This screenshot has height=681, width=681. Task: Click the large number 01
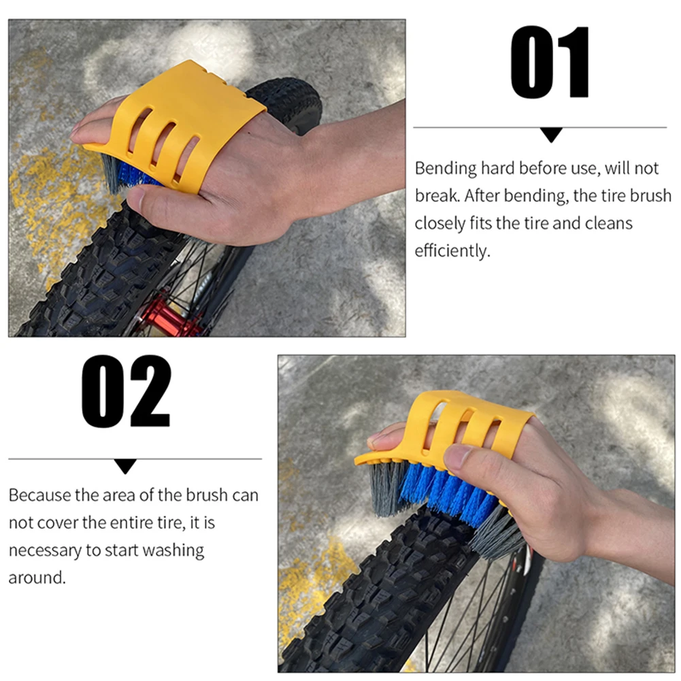pos(550,63)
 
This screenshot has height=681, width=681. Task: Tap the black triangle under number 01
pos(550,135)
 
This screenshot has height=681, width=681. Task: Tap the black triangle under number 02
pos(125,466)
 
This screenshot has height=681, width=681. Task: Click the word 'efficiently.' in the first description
pos(452,251)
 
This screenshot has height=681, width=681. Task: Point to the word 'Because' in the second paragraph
pos(39,495)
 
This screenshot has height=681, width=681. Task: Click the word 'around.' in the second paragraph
pos(37,578)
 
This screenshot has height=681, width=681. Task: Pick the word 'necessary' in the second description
pos(44,550)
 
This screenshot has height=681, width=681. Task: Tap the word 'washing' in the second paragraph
pos(176,550)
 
